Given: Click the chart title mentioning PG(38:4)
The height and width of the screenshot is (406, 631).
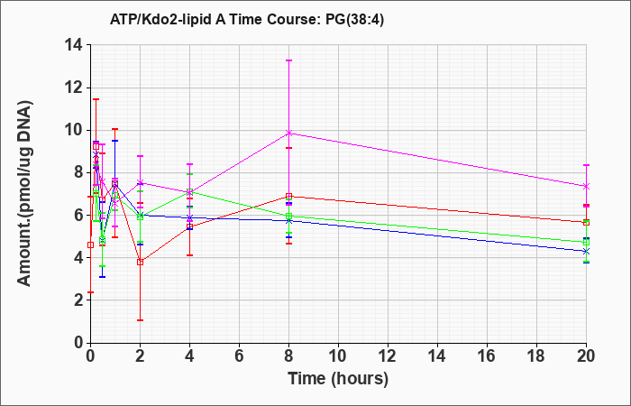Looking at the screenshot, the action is coord(247,20).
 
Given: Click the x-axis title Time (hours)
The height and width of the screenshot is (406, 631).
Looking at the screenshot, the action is coord(338,379).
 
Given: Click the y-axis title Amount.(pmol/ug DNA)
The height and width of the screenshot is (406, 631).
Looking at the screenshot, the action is coord(25,193).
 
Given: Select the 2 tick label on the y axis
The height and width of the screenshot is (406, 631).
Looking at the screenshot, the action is coord(80,300).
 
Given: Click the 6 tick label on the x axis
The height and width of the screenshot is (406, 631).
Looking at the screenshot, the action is coord(239,356).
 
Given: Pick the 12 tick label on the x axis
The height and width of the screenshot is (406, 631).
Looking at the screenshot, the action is coord(388,356).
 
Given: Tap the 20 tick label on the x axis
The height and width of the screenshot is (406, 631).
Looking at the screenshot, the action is coord(586,356).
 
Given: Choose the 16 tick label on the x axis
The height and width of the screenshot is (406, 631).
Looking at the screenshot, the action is coord(487,356).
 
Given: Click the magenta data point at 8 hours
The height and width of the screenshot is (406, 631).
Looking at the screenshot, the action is coord(288,133).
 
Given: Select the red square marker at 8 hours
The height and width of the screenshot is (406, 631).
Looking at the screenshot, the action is coord(288,196).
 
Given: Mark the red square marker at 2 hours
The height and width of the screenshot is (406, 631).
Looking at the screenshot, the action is coord(140,262).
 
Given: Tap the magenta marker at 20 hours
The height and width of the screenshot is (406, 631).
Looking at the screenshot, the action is coord(586,186).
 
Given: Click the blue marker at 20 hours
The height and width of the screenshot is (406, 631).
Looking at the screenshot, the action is coord(586,251).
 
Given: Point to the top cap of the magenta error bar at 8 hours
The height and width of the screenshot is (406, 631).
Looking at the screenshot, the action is coord(288,60).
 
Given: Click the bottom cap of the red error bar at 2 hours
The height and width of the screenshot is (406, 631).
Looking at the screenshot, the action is coord(140,320).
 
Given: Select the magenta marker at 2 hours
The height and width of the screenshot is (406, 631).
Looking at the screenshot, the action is coord(140,182).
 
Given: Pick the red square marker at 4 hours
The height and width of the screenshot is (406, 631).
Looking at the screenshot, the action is coord(189,226).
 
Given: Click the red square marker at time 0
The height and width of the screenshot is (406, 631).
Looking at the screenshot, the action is coord(90,245).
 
